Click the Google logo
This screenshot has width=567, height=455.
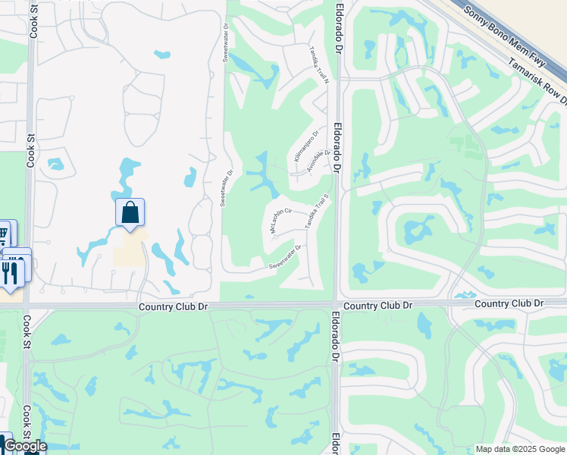[x=24, y=446]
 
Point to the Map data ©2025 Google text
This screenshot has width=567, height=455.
[x=519, y=449]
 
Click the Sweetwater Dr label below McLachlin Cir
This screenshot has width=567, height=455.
[x=286, y=256]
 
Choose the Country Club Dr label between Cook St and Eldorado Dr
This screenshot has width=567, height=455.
[x=174, y=306]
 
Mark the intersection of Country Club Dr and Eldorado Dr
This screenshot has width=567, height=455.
[x=337, y=305]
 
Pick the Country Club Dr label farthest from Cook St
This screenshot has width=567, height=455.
[x=509, y=303]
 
